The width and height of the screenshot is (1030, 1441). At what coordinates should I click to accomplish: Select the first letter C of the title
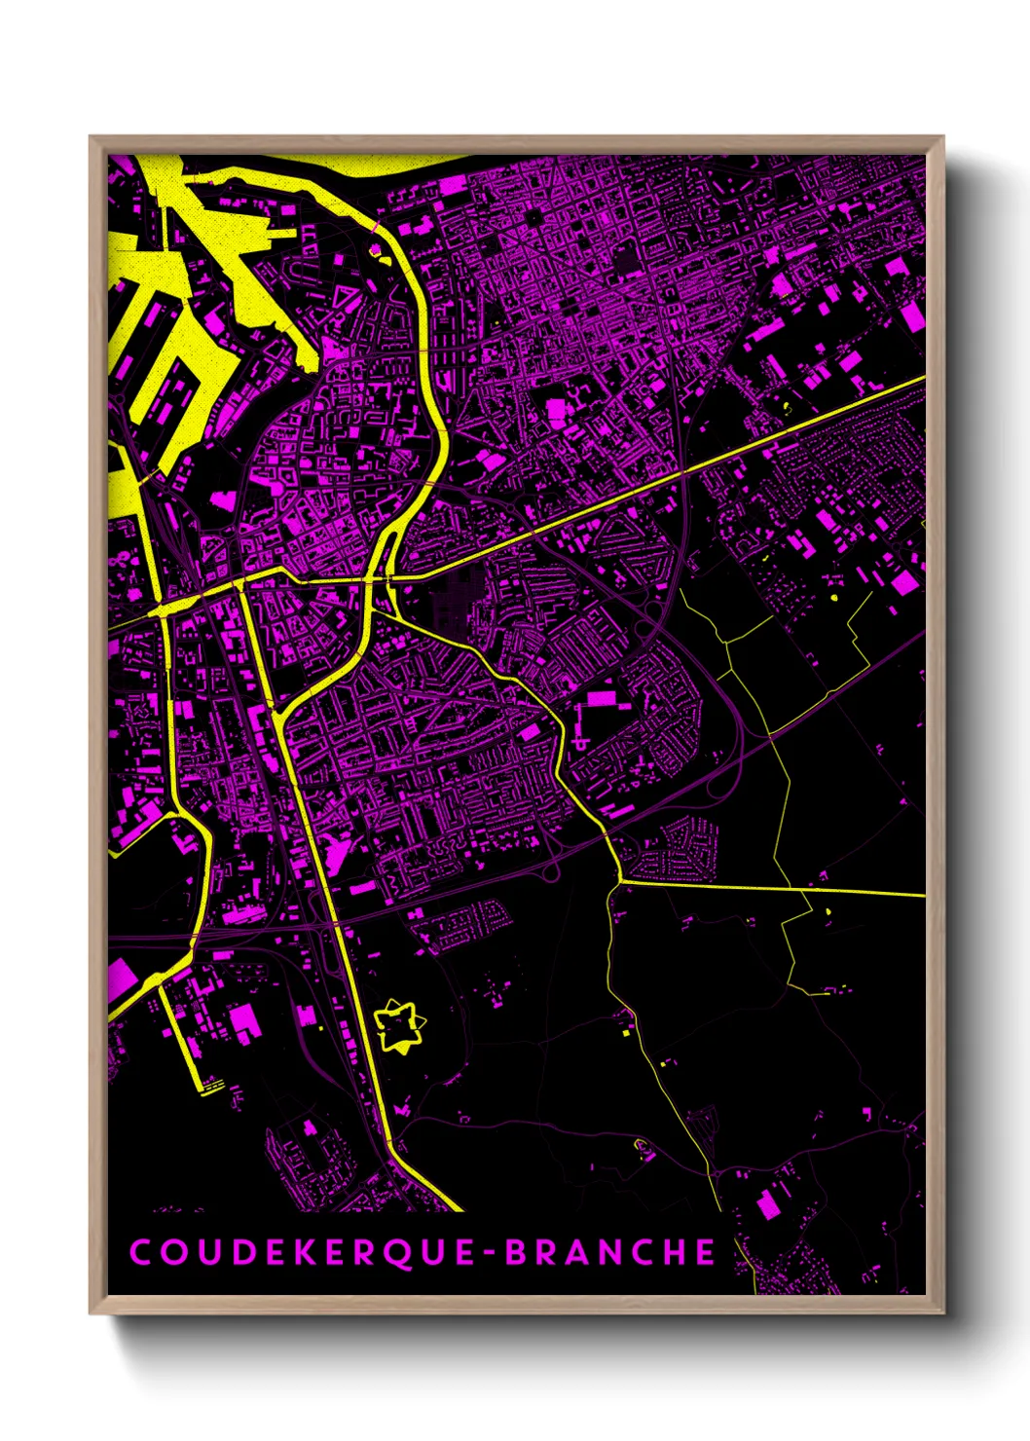tap(139, 1252)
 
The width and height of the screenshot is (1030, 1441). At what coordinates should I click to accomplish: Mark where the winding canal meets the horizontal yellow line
tap(619, 882)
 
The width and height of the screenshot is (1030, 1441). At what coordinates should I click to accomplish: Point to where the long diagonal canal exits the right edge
tap(922, 379)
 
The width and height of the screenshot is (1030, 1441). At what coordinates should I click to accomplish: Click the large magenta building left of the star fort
tap(243, 1019)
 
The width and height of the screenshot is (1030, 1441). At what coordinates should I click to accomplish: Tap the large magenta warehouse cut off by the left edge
tap(121, 977)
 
